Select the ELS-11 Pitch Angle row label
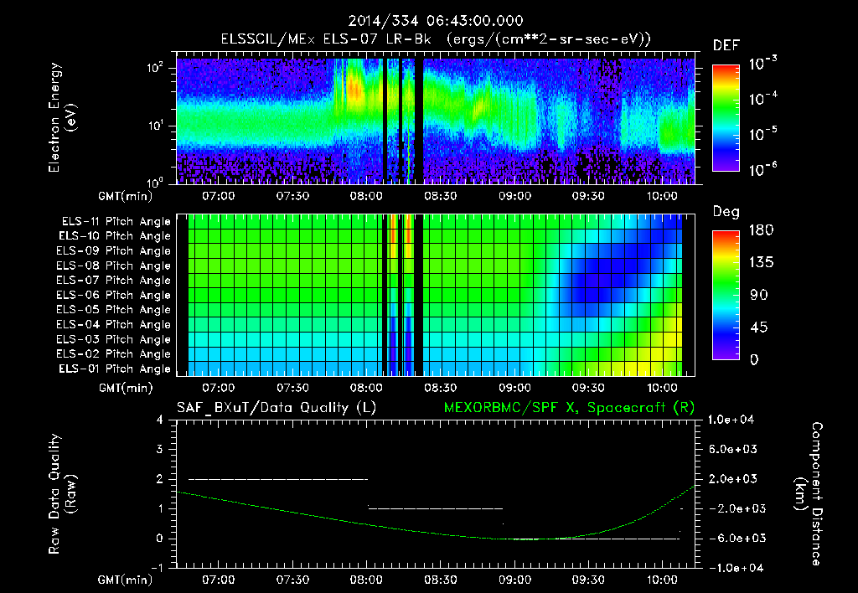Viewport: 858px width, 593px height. [116, 222]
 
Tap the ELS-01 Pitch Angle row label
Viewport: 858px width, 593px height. [116, 369]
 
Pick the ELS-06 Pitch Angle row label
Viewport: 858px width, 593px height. [116, 295]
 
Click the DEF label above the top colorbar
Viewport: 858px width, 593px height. [726, 46]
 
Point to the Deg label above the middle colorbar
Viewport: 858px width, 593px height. [726, 212]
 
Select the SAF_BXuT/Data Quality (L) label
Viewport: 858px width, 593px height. [276, 408]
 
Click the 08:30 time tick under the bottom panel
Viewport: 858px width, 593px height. [441, 580]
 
